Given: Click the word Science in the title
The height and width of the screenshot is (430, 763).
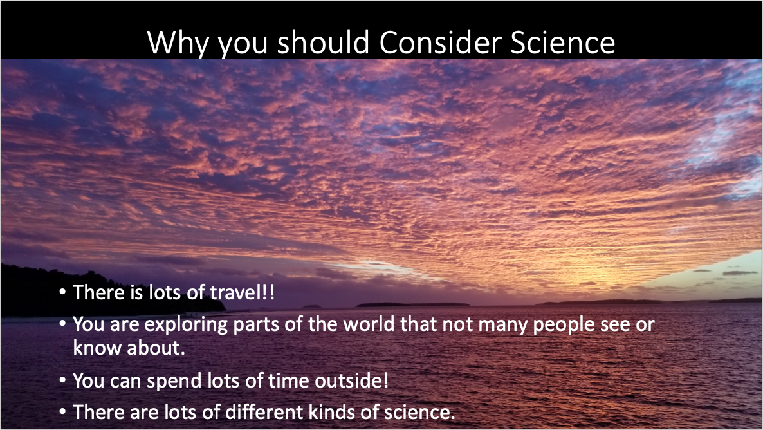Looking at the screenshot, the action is (562, 42).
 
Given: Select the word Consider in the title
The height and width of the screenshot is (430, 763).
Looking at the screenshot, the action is (440, 42).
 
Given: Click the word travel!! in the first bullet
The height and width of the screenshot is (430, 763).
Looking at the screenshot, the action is (242, 292).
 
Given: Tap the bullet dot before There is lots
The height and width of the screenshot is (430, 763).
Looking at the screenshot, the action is (62, 292).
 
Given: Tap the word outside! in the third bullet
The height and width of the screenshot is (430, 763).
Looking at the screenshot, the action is (352, 380).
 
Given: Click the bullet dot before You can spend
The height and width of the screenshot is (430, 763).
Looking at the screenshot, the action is (62, 380).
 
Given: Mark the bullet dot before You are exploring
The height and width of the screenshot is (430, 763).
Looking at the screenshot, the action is (62, 324).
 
